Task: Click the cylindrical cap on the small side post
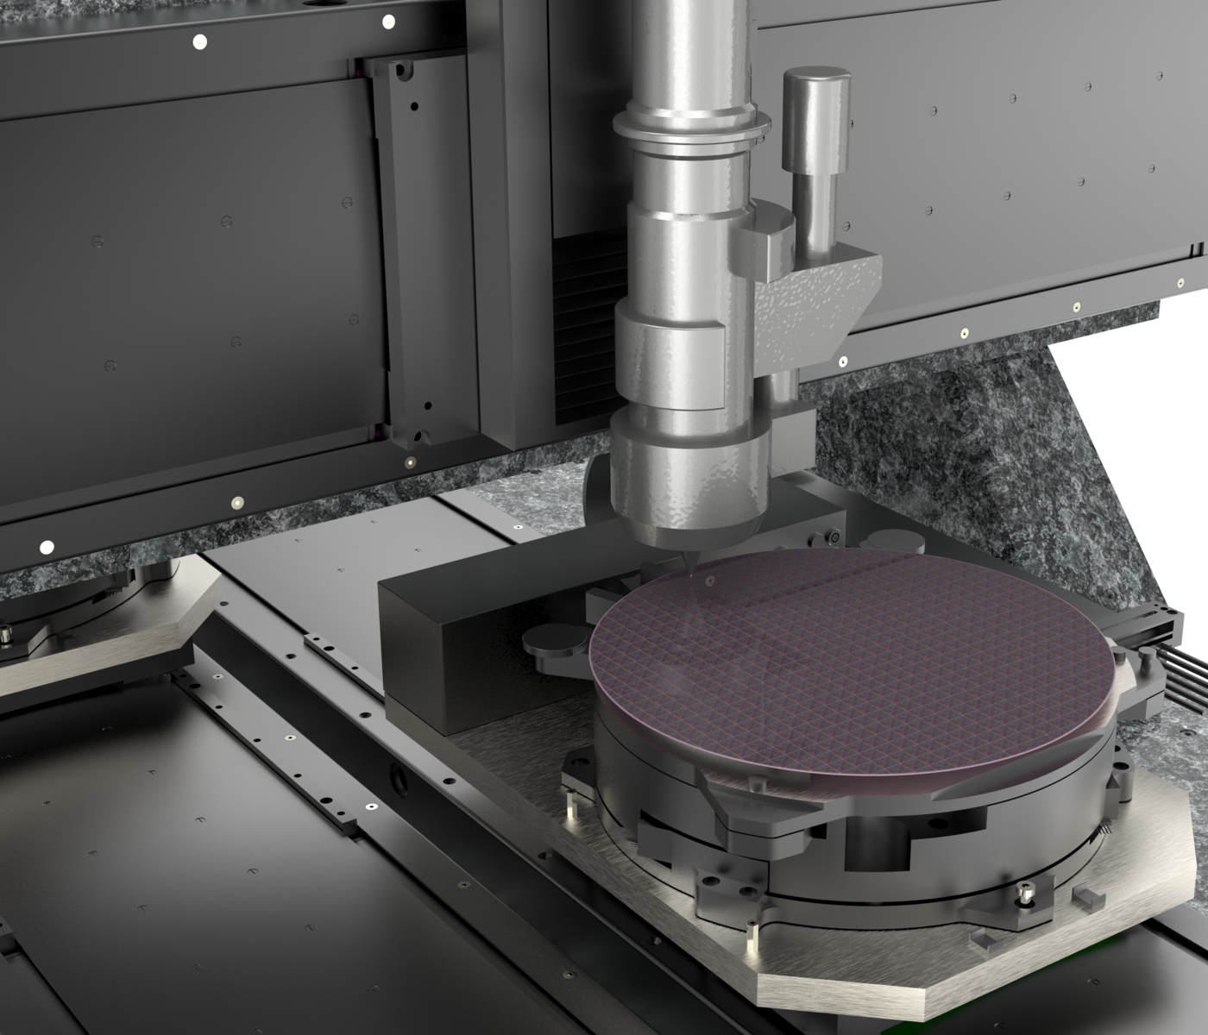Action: tap(813, 121)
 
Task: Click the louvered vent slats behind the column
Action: tap(587, 328)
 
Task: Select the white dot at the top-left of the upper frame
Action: tap(200, 41)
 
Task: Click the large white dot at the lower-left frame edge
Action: tap(47, 547)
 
